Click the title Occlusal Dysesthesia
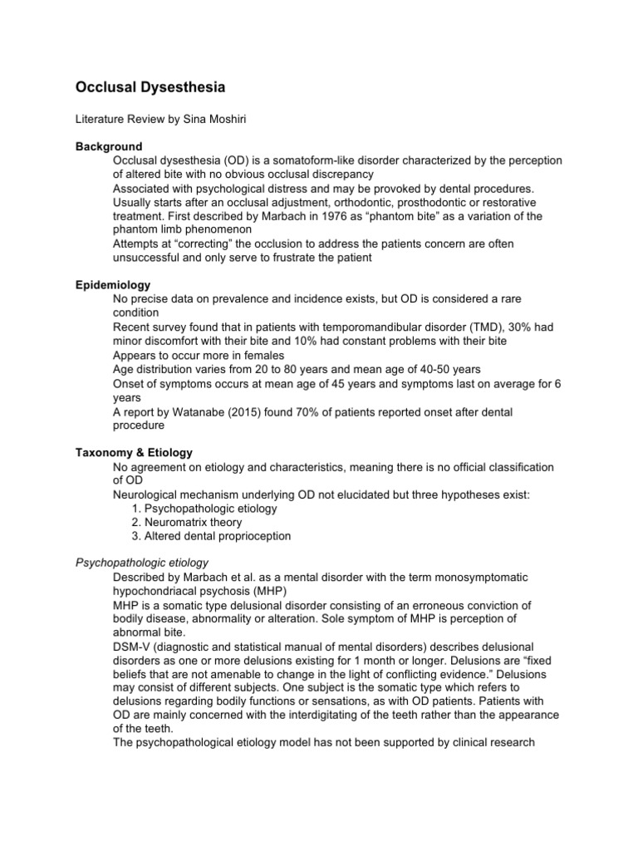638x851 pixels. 151,86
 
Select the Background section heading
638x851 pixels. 109,146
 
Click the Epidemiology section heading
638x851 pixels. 113,285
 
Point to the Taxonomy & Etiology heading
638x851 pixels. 134,453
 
